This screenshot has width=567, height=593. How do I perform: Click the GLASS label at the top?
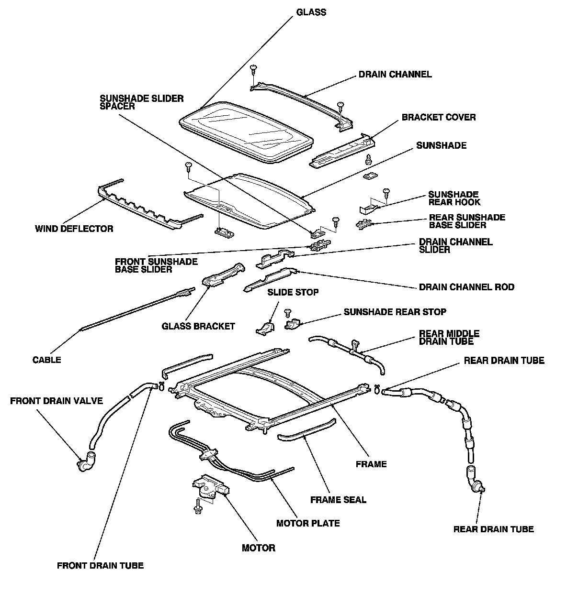[311, 12]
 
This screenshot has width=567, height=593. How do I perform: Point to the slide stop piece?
[265, 328]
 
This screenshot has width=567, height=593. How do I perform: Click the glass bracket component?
[223, 274]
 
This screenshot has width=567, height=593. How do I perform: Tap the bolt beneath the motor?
[198, 506]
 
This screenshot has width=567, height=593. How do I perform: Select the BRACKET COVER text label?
[439, 117]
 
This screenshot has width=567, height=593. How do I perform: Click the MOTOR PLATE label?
[308, 523]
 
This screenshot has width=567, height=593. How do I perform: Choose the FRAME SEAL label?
[338, 500]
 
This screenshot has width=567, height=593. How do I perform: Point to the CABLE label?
[46, 360]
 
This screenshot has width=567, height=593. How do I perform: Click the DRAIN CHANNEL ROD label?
[466, 287]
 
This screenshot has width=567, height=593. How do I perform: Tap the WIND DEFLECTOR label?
[74, 229]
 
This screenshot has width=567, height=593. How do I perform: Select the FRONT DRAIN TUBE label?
[101, 566]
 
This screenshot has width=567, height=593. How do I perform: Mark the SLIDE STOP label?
[293, 292]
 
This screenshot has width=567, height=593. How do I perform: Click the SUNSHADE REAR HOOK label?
[454, 198]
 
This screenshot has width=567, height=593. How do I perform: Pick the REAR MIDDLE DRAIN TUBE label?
[449, 337]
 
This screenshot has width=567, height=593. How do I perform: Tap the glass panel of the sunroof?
[246, 132]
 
